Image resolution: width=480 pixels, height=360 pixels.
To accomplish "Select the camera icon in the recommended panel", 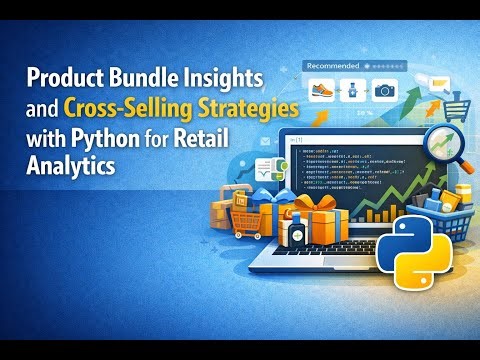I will tap(384, 90).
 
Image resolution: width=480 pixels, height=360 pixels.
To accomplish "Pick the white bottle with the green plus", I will tap(294, 232).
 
